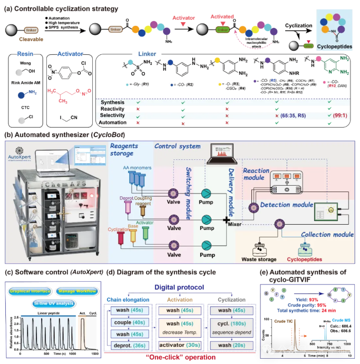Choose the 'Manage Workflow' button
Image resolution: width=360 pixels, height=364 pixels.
(75, 290)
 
